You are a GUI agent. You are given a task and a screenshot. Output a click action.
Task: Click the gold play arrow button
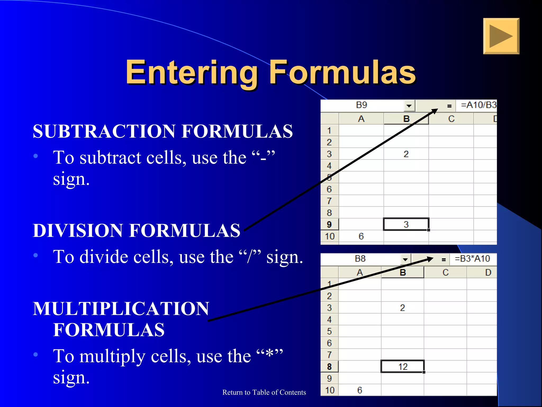click(501, 36)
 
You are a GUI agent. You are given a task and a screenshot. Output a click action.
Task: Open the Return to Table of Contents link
click(264, 392)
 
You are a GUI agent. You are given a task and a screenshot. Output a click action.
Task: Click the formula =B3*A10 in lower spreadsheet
click(472, 259)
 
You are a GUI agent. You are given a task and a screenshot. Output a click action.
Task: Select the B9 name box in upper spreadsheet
click(362, 105)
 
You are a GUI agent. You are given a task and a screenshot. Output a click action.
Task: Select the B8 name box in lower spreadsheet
click(360, 259)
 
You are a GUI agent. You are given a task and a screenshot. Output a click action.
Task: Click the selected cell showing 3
click(406, 224)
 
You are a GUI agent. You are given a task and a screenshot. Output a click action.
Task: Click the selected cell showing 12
click(403, 367)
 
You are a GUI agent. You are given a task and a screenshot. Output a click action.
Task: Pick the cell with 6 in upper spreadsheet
click(361, 236)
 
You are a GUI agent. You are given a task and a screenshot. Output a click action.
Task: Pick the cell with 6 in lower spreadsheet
click(359, 390)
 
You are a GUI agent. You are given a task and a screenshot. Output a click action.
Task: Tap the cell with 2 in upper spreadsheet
click(406, 154)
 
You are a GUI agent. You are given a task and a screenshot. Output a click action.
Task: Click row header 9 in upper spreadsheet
click(329, 224)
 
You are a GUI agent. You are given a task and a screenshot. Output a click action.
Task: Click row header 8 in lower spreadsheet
click(329, 367)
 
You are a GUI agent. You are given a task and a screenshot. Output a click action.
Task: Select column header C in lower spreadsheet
click(445, 272)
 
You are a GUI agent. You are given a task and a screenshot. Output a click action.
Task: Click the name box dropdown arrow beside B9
click(409, 106)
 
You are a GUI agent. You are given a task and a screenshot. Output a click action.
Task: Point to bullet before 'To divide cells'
click(36, 255)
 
